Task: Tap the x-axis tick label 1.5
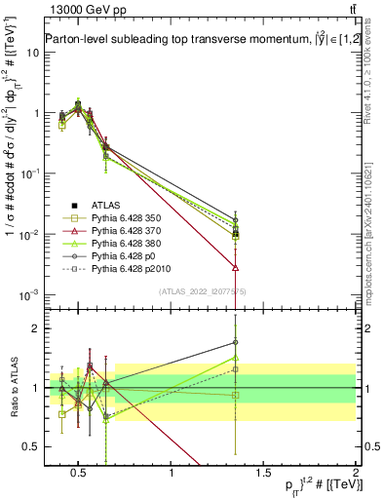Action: tap(263, 474)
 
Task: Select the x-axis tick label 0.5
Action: tap(79, 474)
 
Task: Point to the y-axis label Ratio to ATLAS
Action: tap(13, 388)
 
